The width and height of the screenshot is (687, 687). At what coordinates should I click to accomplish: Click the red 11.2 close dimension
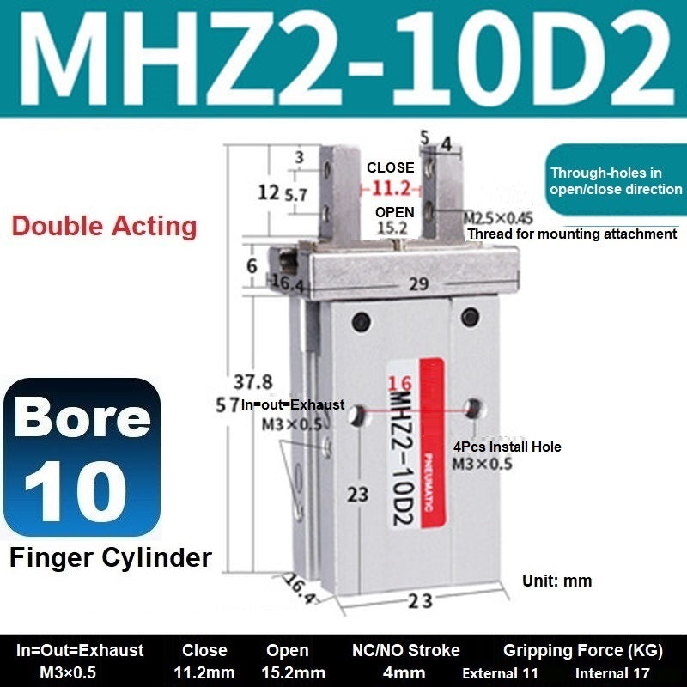pyautogui.click(x=392, y=189)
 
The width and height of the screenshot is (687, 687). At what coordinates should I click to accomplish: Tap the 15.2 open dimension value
pyautogui.click(x=392, y=228)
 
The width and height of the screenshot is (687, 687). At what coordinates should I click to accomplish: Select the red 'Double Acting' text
pyautogui.click(x=104, y=227)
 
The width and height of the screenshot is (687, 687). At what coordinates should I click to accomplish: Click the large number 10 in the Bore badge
pyautogui.click(x=76, y=491)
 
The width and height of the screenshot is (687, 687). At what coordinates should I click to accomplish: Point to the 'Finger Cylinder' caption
pyautogui.click(x=111, y=557)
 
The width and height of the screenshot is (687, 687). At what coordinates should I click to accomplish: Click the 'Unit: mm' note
pyautogui.click(x=556, y=581)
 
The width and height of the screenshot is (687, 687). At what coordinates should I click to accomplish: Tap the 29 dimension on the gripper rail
pyautogui.click(x=418, y=284)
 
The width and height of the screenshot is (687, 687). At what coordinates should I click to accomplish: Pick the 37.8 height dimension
pyautogui.click(x=252, y=382)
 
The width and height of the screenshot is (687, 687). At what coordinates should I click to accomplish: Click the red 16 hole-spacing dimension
pyautogui.click(x=399, y=384)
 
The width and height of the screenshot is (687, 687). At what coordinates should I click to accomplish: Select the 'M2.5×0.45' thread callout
pyautogui.click(x=498, y=218)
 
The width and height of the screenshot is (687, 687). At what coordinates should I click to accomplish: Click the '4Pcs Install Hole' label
pyautogui.click(x=507, y=447)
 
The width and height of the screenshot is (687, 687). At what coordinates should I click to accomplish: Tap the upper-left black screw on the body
pyautogui.click(x=362, y=322)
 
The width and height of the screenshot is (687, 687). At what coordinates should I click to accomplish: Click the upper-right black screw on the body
pyautogui.click(x=470, y=317)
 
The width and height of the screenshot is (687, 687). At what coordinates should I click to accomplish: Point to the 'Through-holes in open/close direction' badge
pyautogui.click(x=616, y=180)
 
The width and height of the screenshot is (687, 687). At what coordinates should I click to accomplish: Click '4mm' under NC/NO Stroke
pyautogui.click(x=404, y=672)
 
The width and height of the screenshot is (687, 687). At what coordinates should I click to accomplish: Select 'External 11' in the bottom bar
pyautogui.click(x=500, y=673)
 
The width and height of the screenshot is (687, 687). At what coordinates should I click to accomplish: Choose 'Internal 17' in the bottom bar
pyautogui.click(x=612, y=673)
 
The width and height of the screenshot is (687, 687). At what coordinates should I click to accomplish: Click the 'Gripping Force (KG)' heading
pyautogui.click(x=583, y=651)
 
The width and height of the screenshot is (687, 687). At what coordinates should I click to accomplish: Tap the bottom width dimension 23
pyautogui.click(x=420, y=601)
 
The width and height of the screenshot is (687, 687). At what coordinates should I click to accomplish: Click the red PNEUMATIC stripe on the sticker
pyautogui.click(x=433, y=442)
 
